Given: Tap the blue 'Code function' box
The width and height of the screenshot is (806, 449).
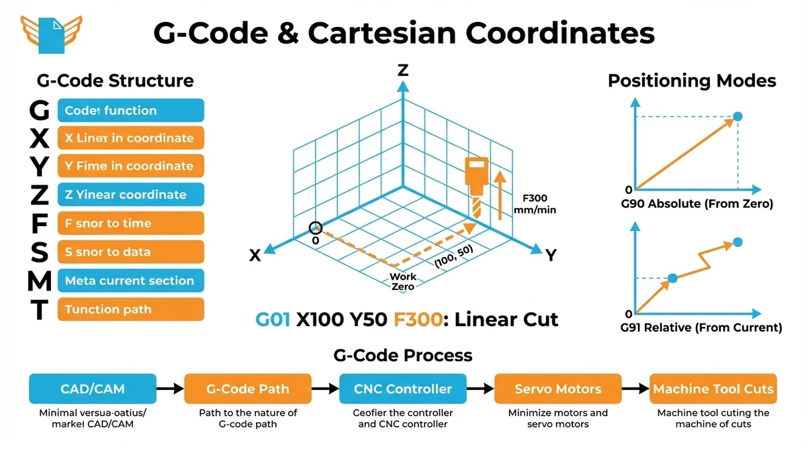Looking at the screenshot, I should [x=130, y=111].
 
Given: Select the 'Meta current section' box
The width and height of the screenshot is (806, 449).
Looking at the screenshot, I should [x=130, y=281].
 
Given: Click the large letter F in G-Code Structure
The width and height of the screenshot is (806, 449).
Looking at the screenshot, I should [x=40, y=223].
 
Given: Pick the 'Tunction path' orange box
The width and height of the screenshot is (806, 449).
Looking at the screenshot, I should [x=130, y=309].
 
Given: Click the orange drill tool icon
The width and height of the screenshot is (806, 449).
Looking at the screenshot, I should [x=475, y=181].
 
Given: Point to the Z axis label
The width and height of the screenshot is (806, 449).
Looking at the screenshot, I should [x=403, y=70].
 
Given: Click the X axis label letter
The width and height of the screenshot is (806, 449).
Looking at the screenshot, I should [x=255, y=255].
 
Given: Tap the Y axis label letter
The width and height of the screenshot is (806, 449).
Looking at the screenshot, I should [x=551, y=255].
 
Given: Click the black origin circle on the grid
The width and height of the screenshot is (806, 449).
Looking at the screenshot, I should [x=316, y=228].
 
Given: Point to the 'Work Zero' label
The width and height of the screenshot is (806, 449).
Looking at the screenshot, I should [x=403, y=282].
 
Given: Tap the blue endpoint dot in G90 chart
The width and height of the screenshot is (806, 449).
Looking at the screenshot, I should [x=737, y=117].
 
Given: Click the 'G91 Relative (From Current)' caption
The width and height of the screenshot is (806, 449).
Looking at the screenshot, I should [x=701, y=328].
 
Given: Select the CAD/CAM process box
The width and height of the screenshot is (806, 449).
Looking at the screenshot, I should [x=93, y=389].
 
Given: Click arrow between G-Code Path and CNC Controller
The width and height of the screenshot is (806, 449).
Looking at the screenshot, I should [x=325, y=389].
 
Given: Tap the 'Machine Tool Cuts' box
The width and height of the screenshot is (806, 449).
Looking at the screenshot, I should [x=713, y=389].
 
